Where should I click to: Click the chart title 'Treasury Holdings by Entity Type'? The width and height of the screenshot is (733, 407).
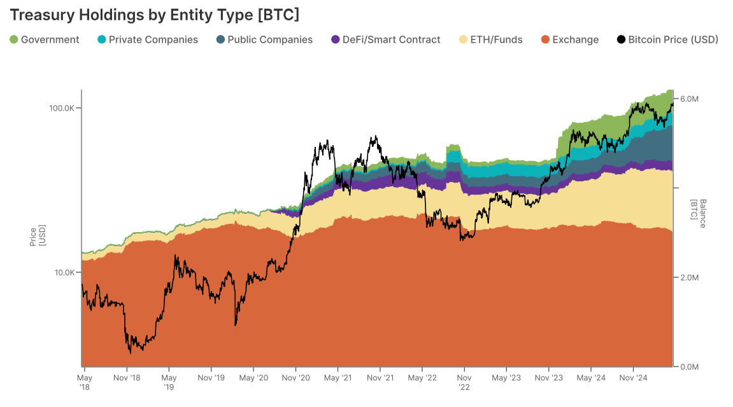point(154,14)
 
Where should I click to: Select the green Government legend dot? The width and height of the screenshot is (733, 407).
point(14,39)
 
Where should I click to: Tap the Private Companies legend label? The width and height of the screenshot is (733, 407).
point(153,39)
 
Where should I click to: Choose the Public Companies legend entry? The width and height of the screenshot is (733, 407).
point(270,39)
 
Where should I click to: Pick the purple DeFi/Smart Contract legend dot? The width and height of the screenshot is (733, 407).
point(336,39)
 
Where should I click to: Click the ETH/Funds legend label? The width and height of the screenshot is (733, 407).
point(496,39)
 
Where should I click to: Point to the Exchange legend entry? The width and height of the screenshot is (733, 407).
point(575,39)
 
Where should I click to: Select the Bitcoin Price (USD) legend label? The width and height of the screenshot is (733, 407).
point(673,39)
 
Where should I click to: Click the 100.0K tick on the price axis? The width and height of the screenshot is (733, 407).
point(62,108)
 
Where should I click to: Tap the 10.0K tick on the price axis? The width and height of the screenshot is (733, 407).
point(64,273)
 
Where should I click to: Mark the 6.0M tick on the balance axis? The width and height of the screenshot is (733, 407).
point(690,99)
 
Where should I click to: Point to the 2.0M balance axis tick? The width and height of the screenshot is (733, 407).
point(690,278)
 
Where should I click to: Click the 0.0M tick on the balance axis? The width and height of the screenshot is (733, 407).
point(690,367)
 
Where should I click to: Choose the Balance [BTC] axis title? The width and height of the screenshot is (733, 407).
point(699,209)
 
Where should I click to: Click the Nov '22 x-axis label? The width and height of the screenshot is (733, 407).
point(464,382)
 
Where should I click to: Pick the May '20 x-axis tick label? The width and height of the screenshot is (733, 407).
point(253,378)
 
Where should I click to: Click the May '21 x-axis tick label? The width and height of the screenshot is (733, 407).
point(338,378)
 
